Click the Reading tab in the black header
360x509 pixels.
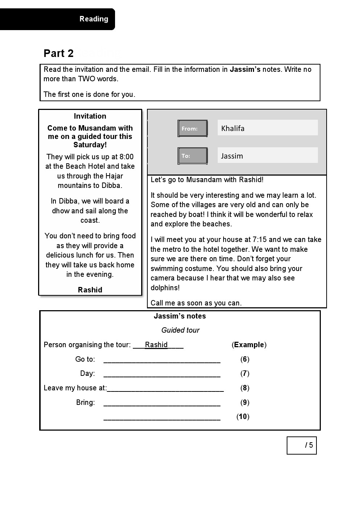(94, 19)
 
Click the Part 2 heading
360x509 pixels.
(58, 53)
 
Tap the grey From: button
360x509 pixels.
(192, 128)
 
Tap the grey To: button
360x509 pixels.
(192, 156)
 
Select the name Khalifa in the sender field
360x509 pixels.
(233, 128)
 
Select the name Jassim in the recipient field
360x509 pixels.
(232, 156)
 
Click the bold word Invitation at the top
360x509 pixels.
(90, 116)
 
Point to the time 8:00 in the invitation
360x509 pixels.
(126, 157)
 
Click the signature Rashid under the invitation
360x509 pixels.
(90, 290)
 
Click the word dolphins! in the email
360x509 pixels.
(165, 288)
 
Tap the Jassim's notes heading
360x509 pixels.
(180, 316)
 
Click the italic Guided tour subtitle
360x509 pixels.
(180, 330)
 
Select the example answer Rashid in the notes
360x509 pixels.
(156, 345)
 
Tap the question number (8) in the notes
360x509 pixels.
(245, 388)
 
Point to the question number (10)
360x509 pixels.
(243, 416)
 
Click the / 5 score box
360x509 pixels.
(302, 445)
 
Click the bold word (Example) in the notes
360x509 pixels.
(249, 345)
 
